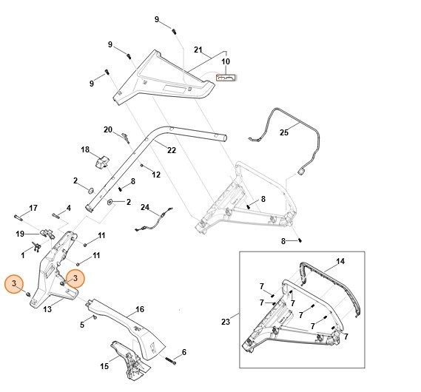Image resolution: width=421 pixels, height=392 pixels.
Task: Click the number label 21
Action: tap(198, 50)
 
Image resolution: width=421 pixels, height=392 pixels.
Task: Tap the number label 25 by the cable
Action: tap(283, 132)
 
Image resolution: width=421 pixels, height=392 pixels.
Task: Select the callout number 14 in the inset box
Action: tap(340, 262)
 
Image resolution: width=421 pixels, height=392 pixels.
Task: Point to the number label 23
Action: tap(226, 322)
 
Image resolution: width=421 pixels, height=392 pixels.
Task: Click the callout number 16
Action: tap(139, 309)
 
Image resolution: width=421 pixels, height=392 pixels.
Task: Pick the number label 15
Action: tap(104, 366)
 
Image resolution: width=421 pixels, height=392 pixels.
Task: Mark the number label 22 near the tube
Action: tap(171, 150)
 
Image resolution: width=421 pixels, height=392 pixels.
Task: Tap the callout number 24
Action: tap(145, 207)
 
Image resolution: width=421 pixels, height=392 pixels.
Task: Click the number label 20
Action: tap(108, 129)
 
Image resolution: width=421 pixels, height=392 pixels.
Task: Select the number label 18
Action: tap(85, 149)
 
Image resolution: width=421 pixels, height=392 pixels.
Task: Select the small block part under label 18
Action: tap(101, 161)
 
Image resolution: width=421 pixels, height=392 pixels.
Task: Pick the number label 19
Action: tap(21, 234)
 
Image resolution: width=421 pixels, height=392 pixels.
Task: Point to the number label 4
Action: tap(68, 208)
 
